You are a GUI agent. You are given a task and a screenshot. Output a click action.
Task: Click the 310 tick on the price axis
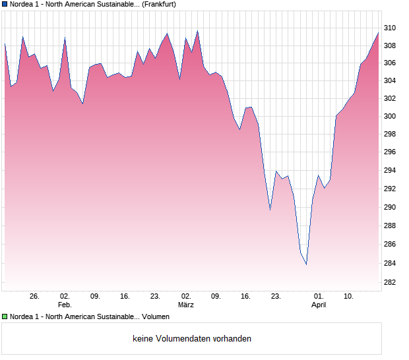click(x=391, y=28)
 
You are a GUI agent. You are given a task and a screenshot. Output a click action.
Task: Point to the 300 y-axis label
click(x=391, y=117)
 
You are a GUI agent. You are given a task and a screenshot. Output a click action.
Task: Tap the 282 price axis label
click(x=391, y=282)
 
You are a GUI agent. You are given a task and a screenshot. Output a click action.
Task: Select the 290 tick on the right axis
click(x=391, y=207)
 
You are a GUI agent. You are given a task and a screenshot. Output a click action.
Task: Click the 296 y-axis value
click(x=391, y=152)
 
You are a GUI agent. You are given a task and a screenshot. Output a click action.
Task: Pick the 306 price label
click(x=391, y=63)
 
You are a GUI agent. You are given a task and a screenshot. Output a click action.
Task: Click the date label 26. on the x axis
click(x=35, y=297)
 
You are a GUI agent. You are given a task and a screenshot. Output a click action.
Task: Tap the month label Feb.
click(x=65, y=305)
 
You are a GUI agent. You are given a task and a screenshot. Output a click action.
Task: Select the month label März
click(x=186, y=305)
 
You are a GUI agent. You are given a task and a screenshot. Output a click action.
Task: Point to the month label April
click(x=319, y=305)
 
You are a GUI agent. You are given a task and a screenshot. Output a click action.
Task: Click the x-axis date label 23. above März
click(x=156, y=297)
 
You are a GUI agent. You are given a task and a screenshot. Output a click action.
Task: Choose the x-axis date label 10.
click(x=349, y=297)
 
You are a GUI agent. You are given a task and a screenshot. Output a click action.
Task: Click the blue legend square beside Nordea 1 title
click(x=5, y=4)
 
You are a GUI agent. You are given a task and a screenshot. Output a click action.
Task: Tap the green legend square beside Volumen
click(x=5, y=317)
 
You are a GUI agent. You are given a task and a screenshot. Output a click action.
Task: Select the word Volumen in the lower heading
click(x=156, y=317)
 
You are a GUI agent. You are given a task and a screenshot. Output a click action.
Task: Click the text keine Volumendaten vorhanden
click(x=192, y=339)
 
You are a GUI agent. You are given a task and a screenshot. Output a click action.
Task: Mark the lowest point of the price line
click(x=306, y=264)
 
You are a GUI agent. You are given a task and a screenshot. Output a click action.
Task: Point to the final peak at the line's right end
click(x=378, y=32)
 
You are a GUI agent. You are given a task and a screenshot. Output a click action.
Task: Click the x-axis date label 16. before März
click(x=125, y=297)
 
